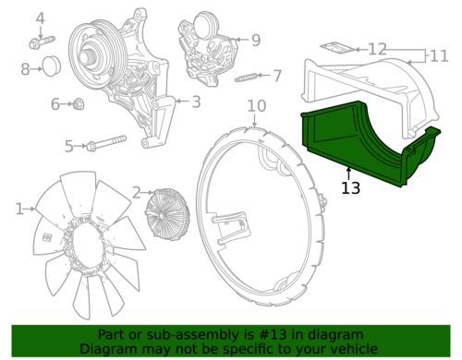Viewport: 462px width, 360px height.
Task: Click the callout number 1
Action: click(x=19, y=210)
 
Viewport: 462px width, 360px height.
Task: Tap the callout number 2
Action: click(x=137, y=192)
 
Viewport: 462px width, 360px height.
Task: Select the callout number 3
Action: click(x=195, y=102)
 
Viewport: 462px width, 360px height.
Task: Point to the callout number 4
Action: click(x=40, y=18)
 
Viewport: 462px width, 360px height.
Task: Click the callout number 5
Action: click(x=68, y=145)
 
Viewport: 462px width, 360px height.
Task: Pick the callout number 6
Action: click(x=55, y=103)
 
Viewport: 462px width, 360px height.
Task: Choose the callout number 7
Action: click(x=277, y=75)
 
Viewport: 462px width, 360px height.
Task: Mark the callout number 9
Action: click(x=255, y=40)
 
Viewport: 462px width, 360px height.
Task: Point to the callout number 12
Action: click(x=377, y=49)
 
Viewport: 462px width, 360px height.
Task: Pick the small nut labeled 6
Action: click(x=79, y=103)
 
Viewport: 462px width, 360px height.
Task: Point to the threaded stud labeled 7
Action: click(x=247, y=76)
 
